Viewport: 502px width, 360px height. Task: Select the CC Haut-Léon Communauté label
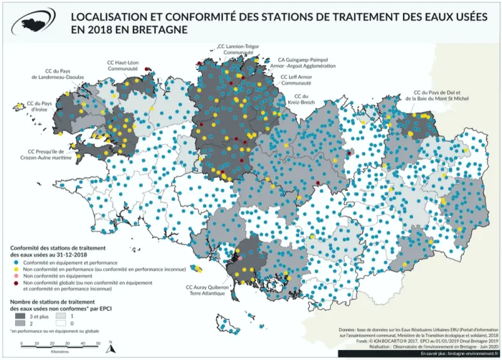click(122, 65)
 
